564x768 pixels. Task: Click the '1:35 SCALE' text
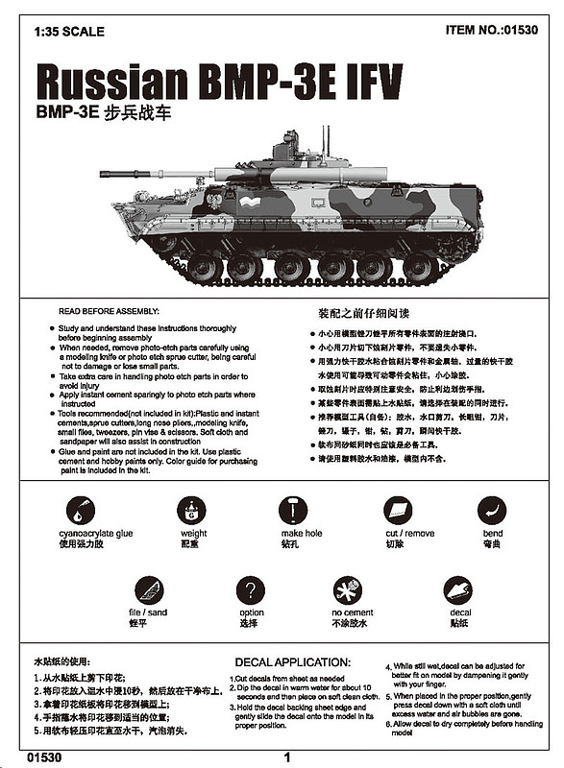pyautogui.click(x=66, y=30)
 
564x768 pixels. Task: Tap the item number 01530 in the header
pyautogui.click(x=492, y=30)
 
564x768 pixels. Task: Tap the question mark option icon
pyautogui.click(x=251, y=589)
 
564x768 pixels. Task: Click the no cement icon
pyautogui.click(x=348, y=589)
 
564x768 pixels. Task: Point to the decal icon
pyautogui.click(x=458, y=589)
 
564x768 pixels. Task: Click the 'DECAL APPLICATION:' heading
pyautogui.click(x=298, y=662)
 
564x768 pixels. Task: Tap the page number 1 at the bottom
pyautogui.click(x=286, y=756)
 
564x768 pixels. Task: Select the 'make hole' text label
pyautogui.click(x=301, y=534)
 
